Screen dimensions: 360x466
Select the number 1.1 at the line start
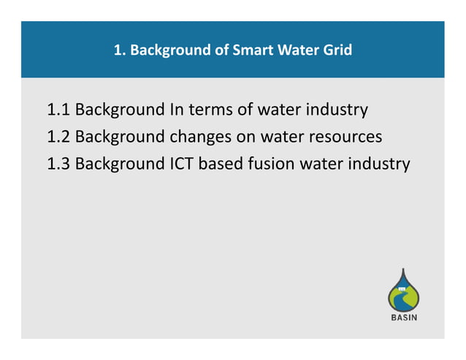(58, 110)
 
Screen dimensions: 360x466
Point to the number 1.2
(58, 137)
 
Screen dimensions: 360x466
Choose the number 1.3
(58, 163)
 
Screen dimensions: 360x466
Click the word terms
(211, 110)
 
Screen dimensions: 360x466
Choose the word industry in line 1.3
(380, 163)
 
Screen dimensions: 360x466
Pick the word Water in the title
(293, 50)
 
